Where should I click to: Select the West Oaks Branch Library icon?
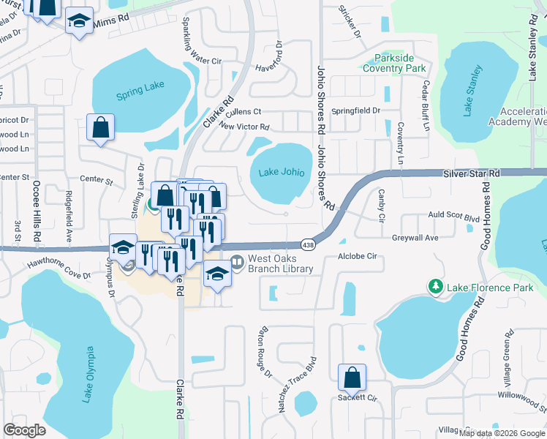pyautogui.click(x=236, y=258)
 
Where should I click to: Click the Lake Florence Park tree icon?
pyautogui.click(x=436, y=288)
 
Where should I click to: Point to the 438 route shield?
pyautogui.click(x=308, y=244)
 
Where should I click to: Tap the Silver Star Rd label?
pyautogui.click(x=470, y=173)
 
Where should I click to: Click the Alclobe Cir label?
pyautogui.click(x=356, y=257)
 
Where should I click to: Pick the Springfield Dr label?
pyautogui.click(x=356, y=110)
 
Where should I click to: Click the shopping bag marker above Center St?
pyautogui.click(x=100, y=127)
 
